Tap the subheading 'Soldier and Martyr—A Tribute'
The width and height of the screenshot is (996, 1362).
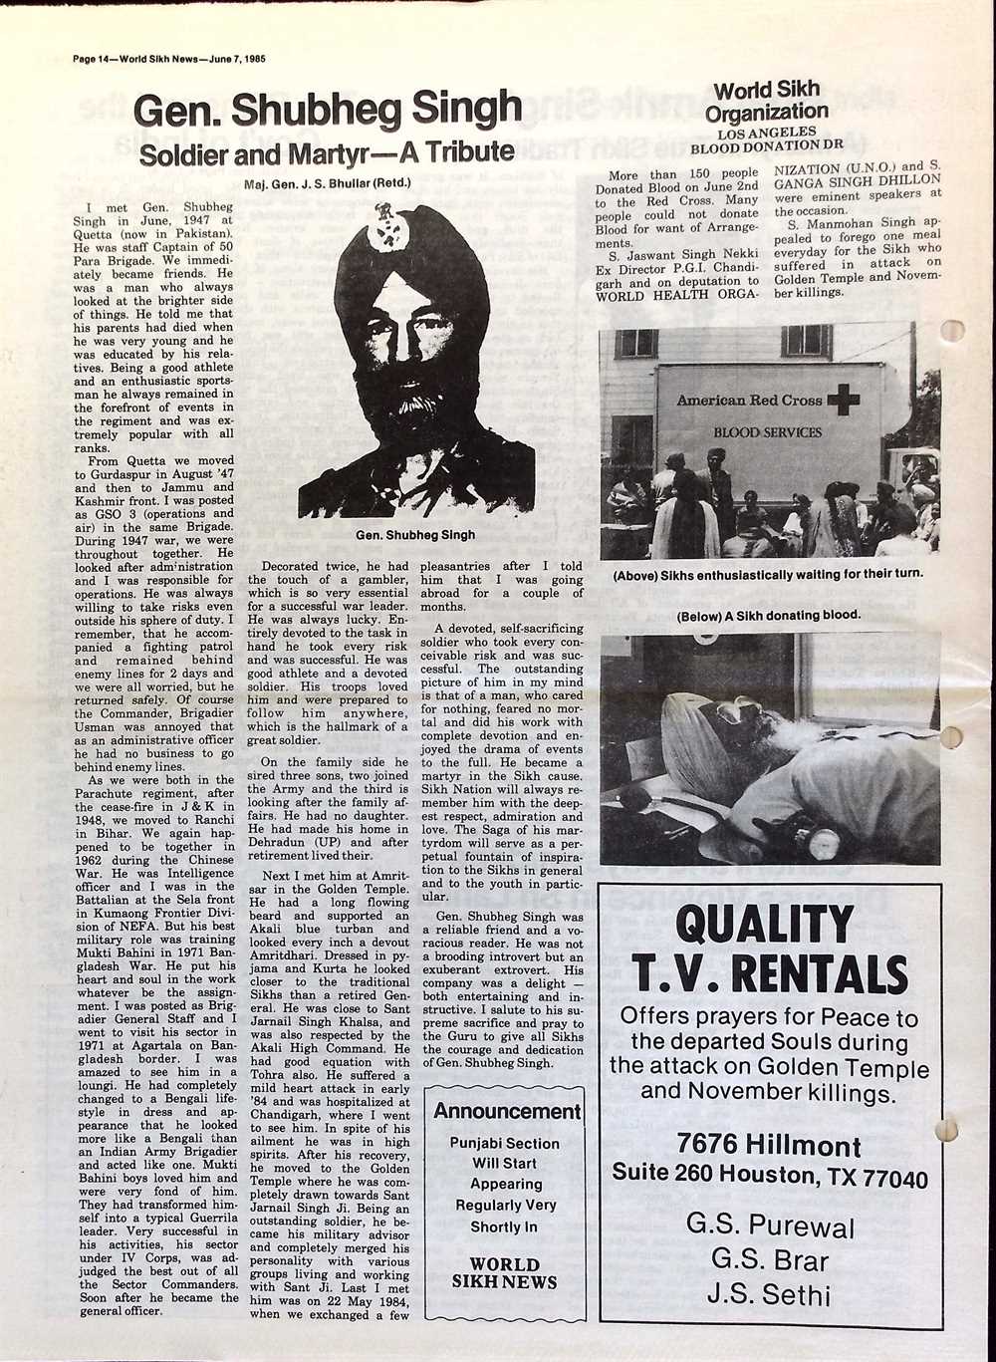coord(326,153)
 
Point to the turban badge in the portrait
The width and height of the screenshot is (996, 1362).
coord(384,225)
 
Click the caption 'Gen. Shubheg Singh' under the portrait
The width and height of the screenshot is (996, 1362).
coord(415,535)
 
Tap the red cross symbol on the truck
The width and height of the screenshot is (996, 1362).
coord(843,401)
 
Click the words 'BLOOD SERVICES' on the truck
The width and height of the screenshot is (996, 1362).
coord(767,433)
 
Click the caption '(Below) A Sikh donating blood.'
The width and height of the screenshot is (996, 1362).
coord(768,616)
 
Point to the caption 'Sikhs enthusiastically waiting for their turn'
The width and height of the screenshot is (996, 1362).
coord(767,575)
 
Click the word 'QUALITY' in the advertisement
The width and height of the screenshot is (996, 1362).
coord(764,925)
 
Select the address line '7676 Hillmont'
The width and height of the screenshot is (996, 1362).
coord(769,1144)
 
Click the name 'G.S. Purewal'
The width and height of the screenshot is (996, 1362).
coord(770,1226)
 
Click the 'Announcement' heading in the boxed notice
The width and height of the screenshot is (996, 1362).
coord(506,1111)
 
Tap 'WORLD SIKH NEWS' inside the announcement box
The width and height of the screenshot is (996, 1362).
coord(504,1273)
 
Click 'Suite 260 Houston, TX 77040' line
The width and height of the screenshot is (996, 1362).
coord(769,1175)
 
